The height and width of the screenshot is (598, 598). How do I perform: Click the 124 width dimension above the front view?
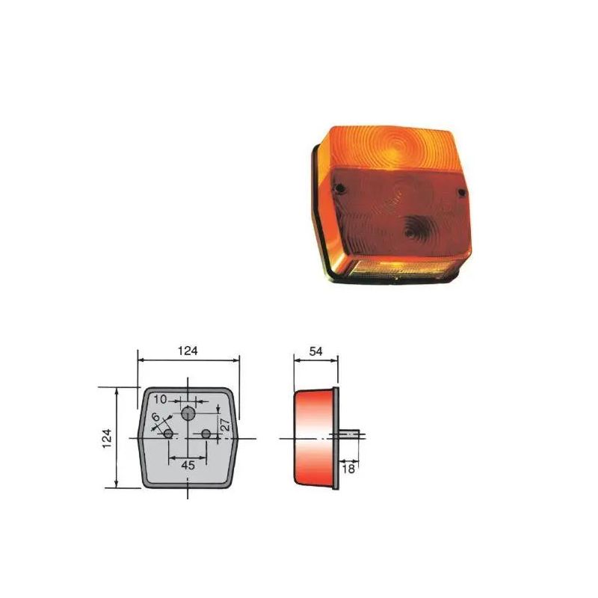tap(188, 351)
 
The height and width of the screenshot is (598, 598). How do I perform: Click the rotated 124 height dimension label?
tap(107, 438)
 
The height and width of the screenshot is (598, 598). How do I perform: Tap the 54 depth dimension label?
tap(315, 351)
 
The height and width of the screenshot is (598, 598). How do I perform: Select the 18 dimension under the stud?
tap(348, 469)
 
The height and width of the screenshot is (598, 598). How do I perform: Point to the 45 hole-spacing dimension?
tap(188, 465)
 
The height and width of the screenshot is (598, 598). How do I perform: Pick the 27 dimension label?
tap(226, 425)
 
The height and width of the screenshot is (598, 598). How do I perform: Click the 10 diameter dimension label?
tap(161, 399)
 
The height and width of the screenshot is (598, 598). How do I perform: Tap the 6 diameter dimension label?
tap(155, 416)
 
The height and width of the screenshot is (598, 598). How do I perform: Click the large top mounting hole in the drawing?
tap(188, 413)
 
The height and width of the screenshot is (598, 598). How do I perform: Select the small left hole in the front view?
tap(168, 434)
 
